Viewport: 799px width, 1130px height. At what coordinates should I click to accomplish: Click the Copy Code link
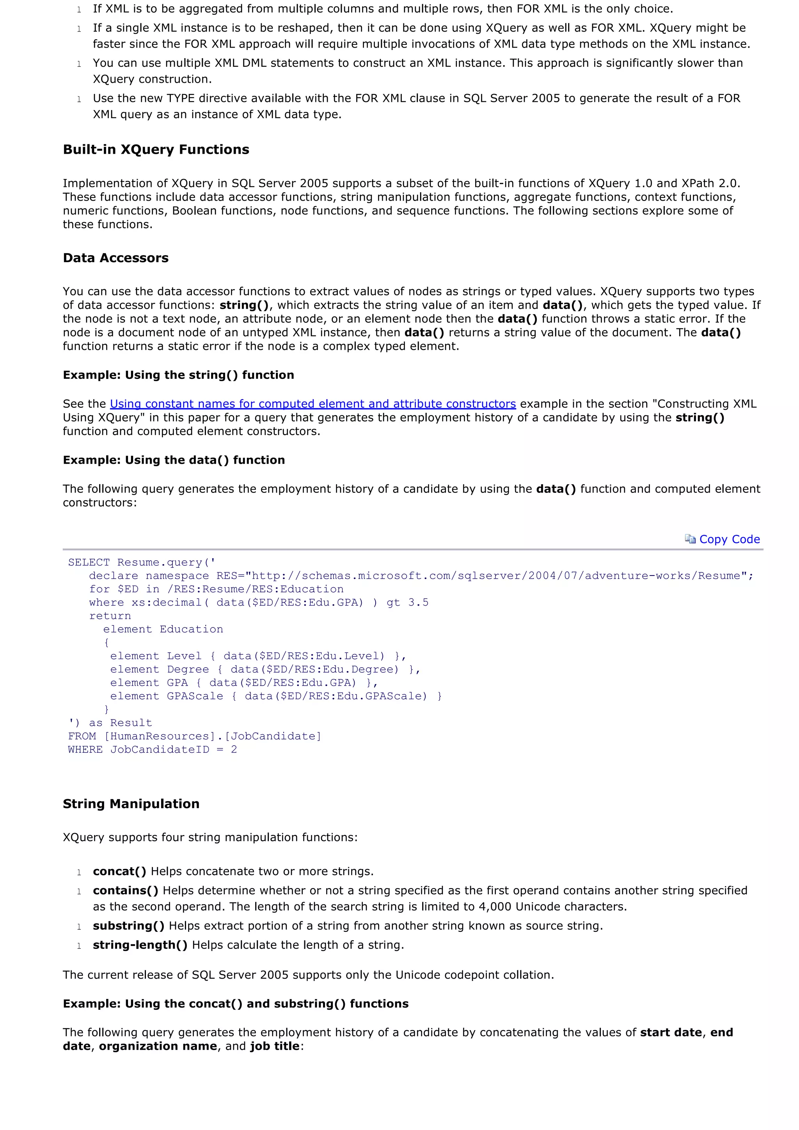(729, 539)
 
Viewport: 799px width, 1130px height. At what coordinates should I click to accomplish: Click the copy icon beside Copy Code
(690, 539)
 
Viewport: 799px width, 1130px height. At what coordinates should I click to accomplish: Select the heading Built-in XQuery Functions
(156, 149)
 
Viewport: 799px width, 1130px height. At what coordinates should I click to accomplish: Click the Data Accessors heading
(115, 258)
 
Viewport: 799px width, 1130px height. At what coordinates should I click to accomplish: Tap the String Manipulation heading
(131, 804)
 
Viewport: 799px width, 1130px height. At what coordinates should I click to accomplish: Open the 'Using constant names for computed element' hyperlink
(312, 404)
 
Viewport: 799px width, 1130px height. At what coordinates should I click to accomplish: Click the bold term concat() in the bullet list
(119, 872)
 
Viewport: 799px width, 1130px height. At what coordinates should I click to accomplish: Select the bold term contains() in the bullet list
(126, 891)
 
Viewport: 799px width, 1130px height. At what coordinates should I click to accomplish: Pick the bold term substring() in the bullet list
(128, 926)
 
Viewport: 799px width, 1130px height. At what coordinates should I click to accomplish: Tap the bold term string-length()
(140, 945)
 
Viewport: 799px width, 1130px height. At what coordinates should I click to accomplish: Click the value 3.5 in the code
(418, 603)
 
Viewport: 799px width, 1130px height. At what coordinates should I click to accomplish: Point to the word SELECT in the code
(89, 563)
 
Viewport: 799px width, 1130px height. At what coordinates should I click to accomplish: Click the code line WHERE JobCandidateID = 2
(153, 750)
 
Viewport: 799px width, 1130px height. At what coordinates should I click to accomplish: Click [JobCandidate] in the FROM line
(275, 737)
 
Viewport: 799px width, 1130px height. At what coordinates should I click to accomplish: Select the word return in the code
(110, 616)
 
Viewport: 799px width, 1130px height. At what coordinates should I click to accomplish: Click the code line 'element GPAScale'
(275, 696)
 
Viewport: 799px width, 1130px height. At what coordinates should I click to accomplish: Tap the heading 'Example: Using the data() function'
(174, 460)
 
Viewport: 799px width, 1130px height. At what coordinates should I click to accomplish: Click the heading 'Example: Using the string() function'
(178, 375)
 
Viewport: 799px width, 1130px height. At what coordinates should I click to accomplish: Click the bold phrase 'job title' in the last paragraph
(275, 1046)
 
